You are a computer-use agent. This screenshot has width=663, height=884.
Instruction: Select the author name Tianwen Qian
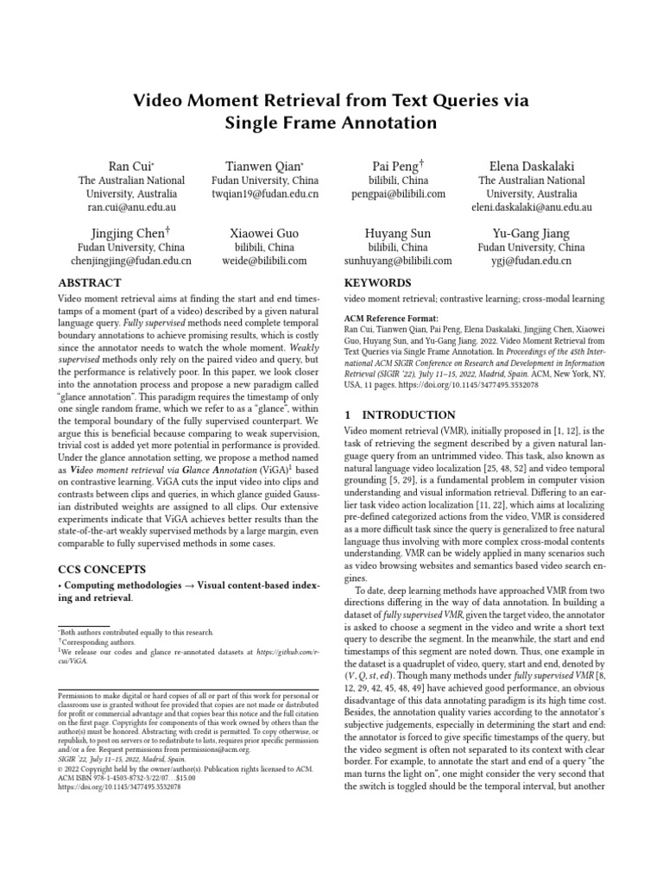(x=264, y=165)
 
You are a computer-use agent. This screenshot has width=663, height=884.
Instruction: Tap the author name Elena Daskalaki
(x=531, y=165)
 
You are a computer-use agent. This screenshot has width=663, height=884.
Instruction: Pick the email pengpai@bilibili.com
(x=398, y=194)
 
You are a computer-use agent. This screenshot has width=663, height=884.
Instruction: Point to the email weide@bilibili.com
(x=264, y=261)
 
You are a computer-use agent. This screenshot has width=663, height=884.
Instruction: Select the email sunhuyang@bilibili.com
(x=398, y=261)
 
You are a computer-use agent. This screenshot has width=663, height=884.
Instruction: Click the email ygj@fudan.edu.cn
(x=531, y=261)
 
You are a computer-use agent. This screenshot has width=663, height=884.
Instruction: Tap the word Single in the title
(x=260, y=123)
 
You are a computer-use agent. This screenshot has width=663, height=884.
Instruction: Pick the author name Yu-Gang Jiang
(x=531, y=233)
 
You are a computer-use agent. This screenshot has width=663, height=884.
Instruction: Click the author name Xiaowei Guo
(x=264, y=233)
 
